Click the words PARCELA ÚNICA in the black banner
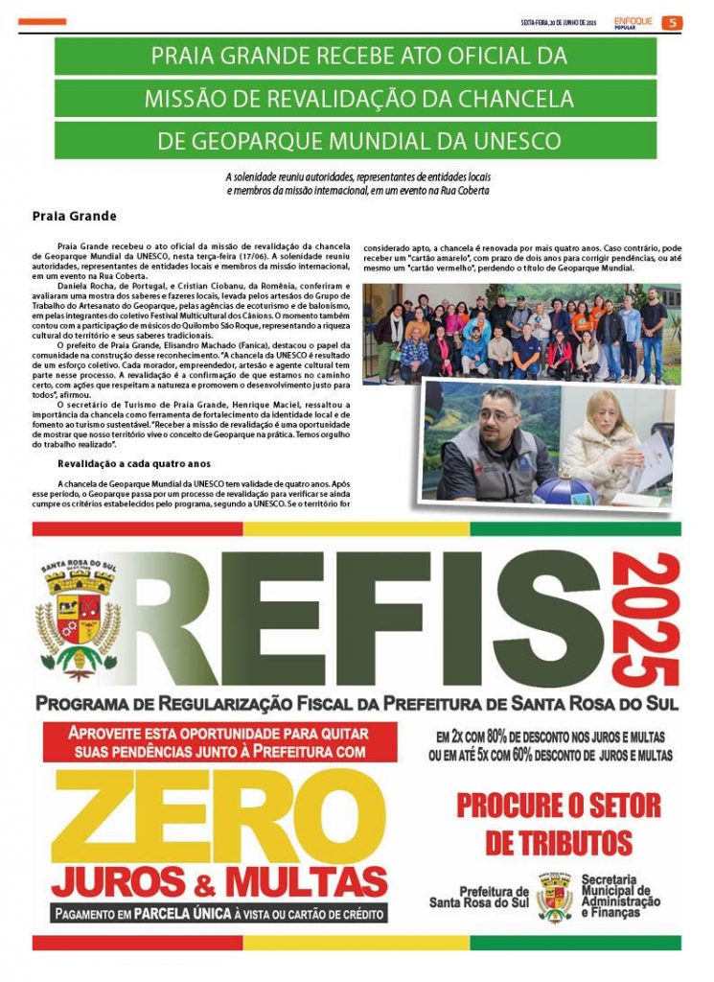185,913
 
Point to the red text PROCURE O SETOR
558,804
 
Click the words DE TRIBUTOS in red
558,843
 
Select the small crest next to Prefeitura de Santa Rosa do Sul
555,899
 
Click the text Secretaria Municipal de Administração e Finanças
620,897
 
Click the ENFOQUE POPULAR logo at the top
633,22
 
